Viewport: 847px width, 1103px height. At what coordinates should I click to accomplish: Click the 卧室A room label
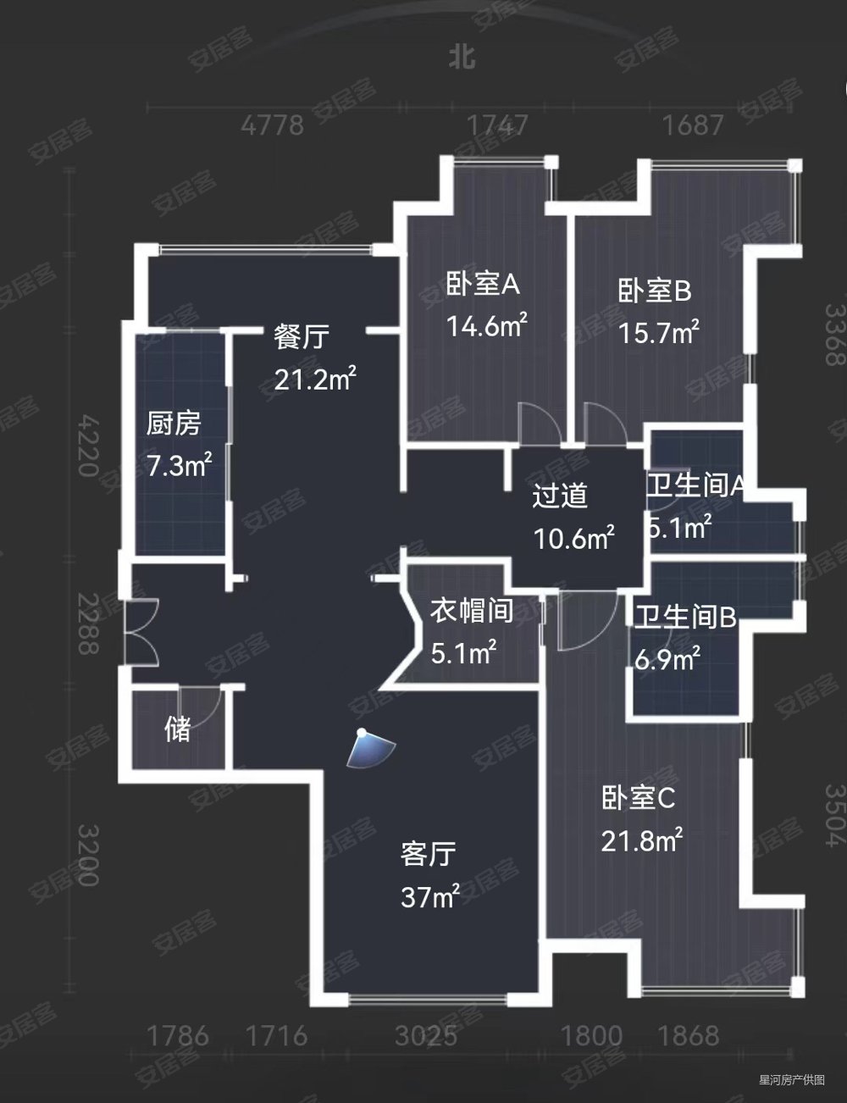(483, 285)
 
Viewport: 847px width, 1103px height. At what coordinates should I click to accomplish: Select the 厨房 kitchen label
(174, 423)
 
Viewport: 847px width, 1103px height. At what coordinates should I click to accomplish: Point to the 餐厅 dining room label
(301, 337)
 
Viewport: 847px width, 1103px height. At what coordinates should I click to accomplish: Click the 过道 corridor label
(560, 496)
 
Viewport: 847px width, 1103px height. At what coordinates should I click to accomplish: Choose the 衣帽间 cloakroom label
(472, 610)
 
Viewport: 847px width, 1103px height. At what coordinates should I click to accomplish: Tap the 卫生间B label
(686, 617)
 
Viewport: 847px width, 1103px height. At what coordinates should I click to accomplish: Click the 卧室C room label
(638, 798)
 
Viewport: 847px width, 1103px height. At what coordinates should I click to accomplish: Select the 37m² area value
(430, 896)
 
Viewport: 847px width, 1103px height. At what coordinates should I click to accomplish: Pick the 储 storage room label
(178, 729)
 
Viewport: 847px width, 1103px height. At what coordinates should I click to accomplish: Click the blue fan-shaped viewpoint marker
(370, 748)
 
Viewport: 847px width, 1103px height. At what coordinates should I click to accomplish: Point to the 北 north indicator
(462, 57)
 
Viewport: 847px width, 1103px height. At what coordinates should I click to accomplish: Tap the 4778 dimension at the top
(272, 125)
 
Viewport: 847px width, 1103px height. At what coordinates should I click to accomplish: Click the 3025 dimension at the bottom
(427, 1035)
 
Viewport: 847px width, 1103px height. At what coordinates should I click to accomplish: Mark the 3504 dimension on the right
(834, 814)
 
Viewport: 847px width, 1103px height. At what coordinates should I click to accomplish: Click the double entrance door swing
(141, 632)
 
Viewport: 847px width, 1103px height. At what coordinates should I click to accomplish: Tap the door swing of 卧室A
(539, 423)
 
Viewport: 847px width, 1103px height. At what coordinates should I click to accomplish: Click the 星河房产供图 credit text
(791, 1079)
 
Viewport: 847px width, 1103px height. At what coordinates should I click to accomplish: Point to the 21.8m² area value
(642, 841)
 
